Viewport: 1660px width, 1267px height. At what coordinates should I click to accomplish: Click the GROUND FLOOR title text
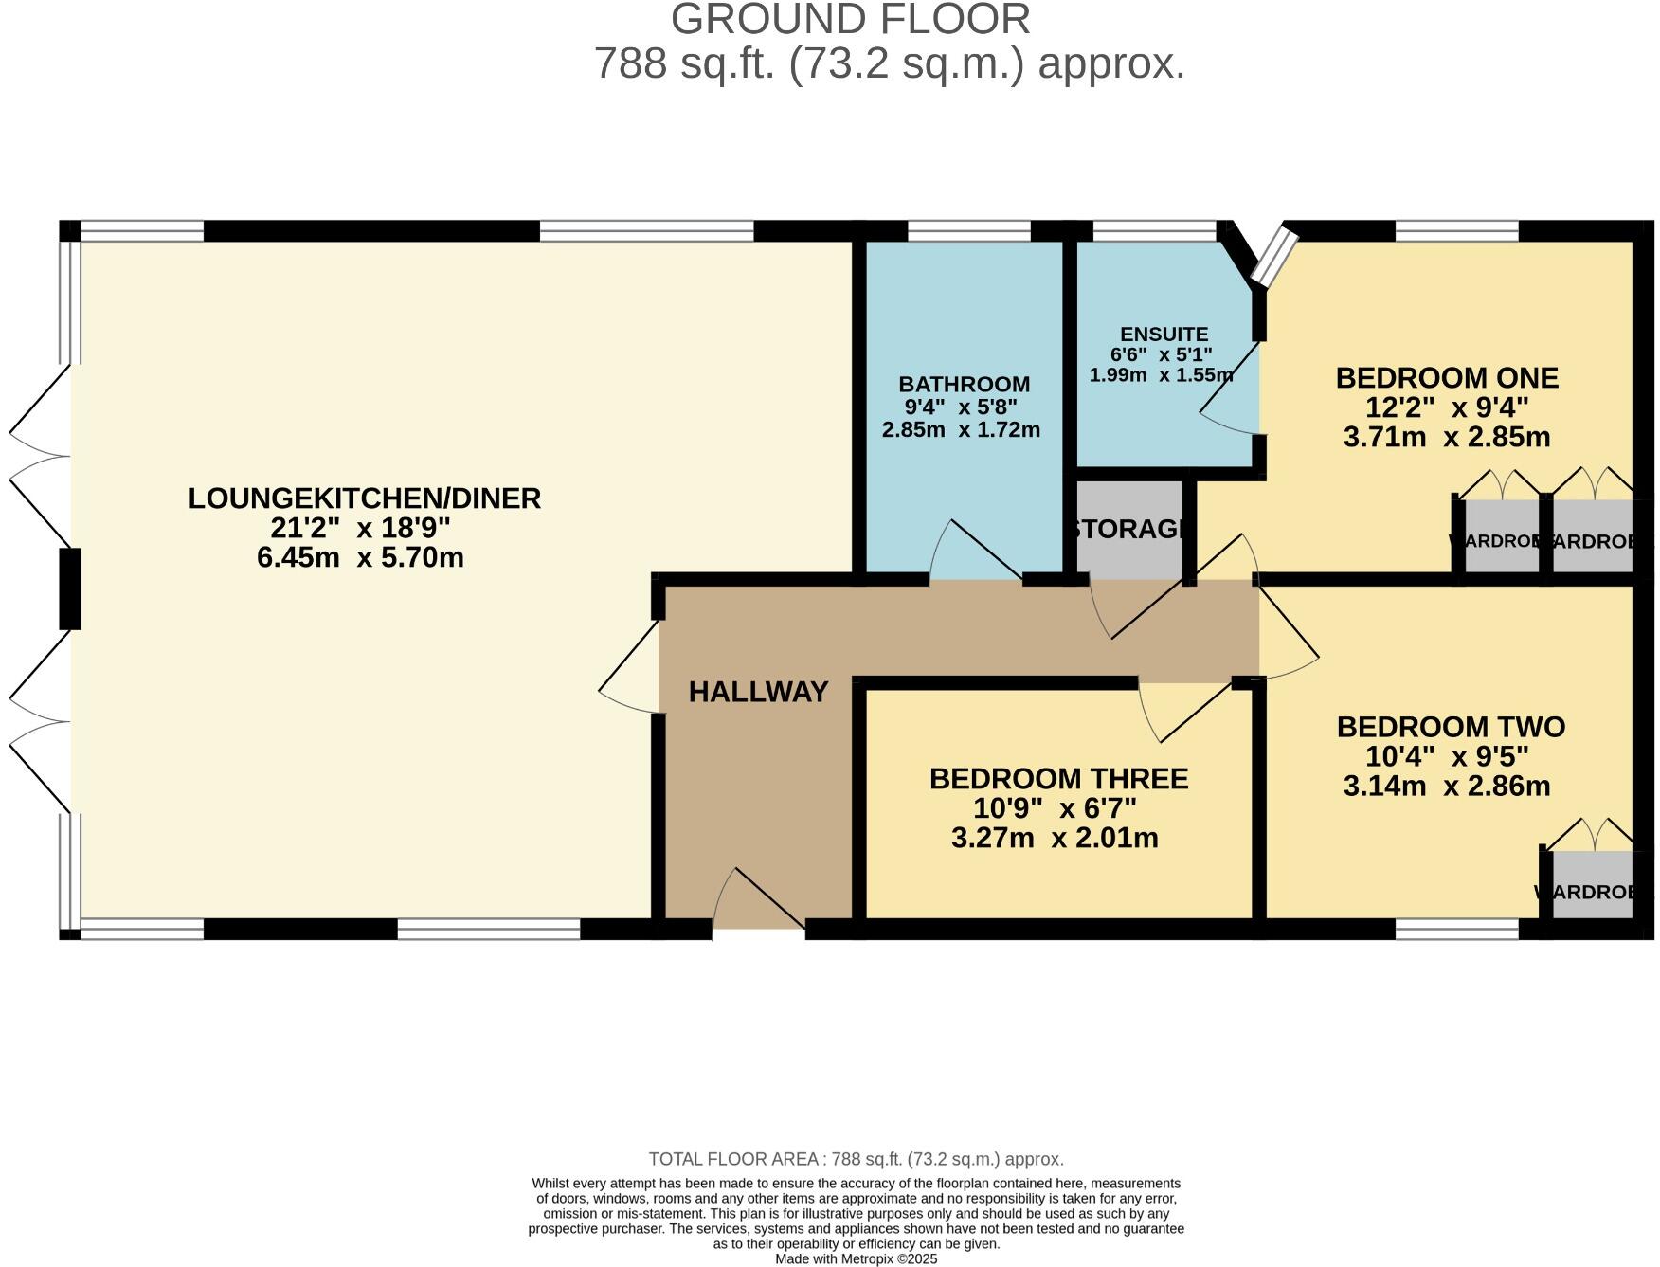point(850,19)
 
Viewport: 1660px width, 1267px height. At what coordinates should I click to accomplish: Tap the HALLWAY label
point(758,692)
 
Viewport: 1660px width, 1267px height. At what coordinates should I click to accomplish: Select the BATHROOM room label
point(964,384)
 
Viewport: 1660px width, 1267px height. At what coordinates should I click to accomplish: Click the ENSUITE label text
point(1164,335)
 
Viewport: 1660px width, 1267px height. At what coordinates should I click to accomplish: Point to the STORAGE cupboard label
point(1128,529)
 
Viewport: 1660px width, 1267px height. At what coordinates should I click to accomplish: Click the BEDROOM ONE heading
point(1446,377)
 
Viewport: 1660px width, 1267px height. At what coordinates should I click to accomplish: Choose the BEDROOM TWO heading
point(1450,727)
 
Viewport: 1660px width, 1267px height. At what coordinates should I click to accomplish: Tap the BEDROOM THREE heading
point(1057,779)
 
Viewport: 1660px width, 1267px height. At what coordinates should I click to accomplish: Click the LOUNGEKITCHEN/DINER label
point(364,498)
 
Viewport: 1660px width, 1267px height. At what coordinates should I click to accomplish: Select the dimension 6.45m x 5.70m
point(360,557)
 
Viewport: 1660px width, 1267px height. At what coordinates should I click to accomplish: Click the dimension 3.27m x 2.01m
point(1054,838)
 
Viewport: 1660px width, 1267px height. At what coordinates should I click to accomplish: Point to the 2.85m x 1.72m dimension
point(961,429)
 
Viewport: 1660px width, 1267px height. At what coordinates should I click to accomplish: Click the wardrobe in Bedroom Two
point(1592,885)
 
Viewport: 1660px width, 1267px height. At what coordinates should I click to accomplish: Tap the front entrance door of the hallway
point(758,900)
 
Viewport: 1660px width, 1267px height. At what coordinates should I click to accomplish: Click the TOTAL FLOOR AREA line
point(856,1159)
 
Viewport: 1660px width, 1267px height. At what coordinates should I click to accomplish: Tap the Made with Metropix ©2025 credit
point(856,1258)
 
